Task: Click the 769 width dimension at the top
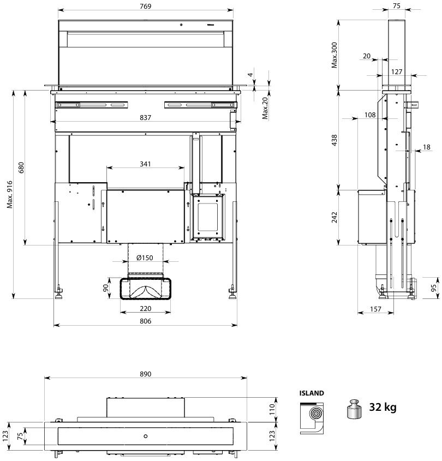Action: click(145, 6)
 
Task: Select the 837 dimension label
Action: click(145, 118)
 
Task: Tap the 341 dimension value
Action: click(145, 164)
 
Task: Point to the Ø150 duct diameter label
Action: click(145, 258)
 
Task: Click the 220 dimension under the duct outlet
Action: click(145, 308)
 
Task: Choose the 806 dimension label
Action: click(145, 321)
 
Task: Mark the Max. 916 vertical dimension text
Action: click(10, 195)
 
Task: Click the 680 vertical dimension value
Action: click(21, 167)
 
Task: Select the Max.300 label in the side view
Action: click(335, 55)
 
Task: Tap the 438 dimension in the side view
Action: click(335, 140)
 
